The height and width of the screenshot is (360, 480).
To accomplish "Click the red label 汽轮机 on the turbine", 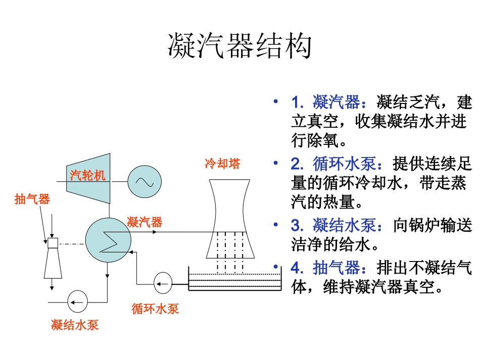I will coord(88,175).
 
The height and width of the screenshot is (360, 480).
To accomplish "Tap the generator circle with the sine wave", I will coord(144,182).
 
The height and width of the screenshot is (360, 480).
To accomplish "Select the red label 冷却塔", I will coord(222,164).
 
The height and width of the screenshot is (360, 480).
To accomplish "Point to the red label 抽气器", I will coord(32,199).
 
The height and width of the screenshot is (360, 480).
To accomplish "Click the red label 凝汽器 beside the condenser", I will coord(145,222).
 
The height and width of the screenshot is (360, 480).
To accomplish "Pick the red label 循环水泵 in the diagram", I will coord(155,308).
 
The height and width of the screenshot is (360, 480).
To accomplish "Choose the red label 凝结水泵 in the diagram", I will coord(75,325).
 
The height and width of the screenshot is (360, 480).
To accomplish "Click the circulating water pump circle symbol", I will coord(163,284).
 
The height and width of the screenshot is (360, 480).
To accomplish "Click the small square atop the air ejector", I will coord(52,243).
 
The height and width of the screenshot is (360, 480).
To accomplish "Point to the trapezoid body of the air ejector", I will coord(53,263).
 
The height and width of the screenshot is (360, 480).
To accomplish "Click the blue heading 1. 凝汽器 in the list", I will coord(325,104).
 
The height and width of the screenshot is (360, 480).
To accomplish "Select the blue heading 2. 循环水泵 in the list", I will coord(333,165).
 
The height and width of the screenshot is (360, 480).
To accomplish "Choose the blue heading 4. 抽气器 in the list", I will coord(325,268).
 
